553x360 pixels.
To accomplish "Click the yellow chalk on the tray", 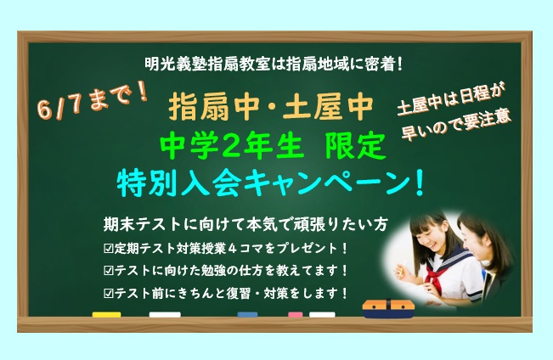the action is pos(106,314).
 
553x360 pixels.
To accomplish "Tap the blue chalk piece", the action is pos(247,314).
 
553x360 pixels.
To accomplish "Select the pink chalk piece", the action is pos(296,314).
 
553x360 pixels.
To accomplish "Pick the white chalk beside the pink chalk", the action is pos(322,314).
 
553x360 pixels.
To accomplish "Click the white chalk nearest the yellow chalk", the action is pos(165,314).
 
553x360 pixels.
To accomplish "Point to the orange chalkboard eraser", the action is pos(388,308).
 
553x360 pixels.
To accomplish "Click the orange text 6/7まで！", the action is pos(92,100).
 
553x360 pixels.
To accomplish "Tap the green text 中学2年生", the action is pos(231,146).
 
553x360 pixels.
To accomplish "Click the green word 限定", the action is pos(355,146).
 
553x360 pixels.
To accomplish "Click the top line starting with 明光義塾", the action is pos(274,65).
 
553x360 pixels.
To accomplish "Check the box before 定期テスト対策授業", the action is pos(108,249).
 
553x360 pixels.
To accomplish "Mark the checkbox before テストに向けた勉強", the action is pos(108,271).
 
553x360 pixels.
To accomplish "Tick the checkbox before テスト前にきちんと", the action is pos(108,294).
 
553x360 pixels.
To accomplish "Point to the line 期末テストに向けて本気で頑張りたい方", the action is pos(245,224).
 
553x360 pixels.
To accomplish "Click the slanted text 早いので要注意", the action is pos(457,126).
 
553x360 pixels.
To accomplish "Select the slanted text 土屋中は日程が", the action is pos(452,99).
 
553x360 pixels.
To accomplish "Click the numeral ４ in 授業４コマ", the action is pos(232,249).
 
